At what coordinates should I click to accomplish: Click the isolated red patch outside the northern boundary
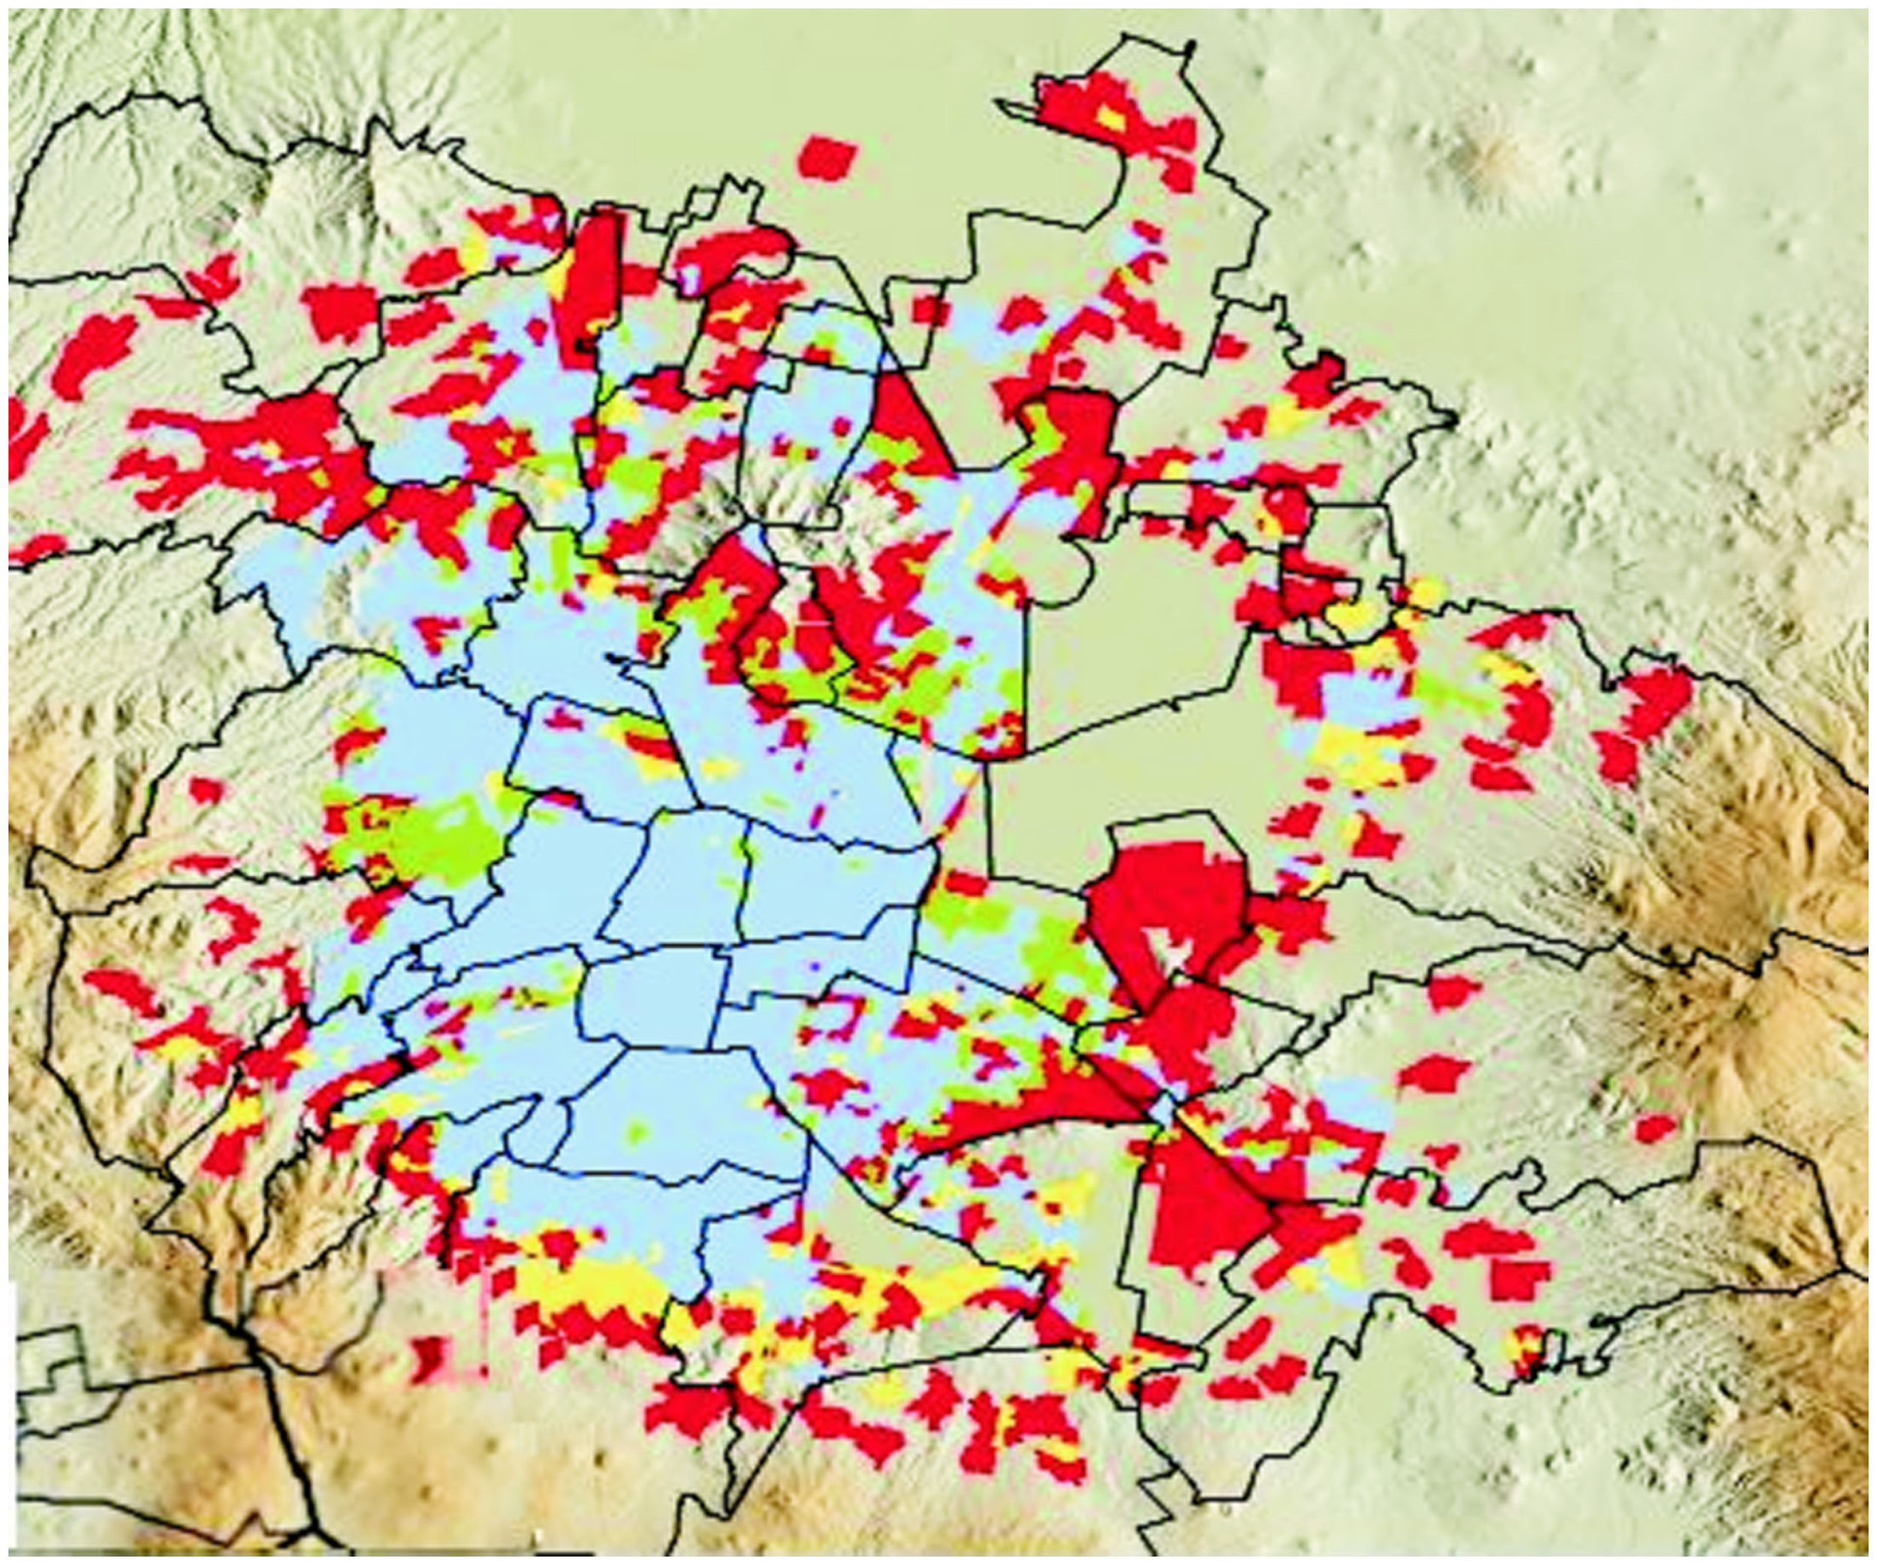coord(825,159)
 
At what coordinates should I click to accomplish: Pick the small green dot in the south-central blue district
coord(637,1133)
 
